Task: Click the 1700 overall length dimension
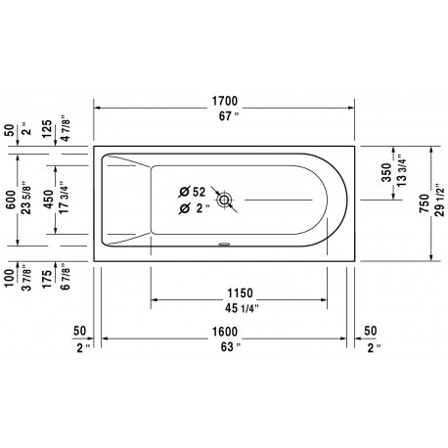pyautogui.click(x=225, y=101)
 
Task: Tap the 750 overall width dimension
pyautogui.click(x=425, y=203)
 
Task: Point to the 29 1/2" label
pyautogui.click(x=439, y=203)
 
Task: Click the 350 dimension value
pyautogui.click(x=386, y=172)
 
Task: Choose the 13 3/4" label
pyautogui.click(x=401, y=171)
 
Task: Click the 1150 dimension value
pyautogui.click(x=240, y=293)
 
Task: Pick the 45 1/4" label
pyautogui.click(x=242, y=308)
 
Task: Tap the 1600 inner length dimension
pyautogui.click(x=225, y=332)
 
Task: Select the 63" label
pyautogui.click(x=231, y=347)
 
